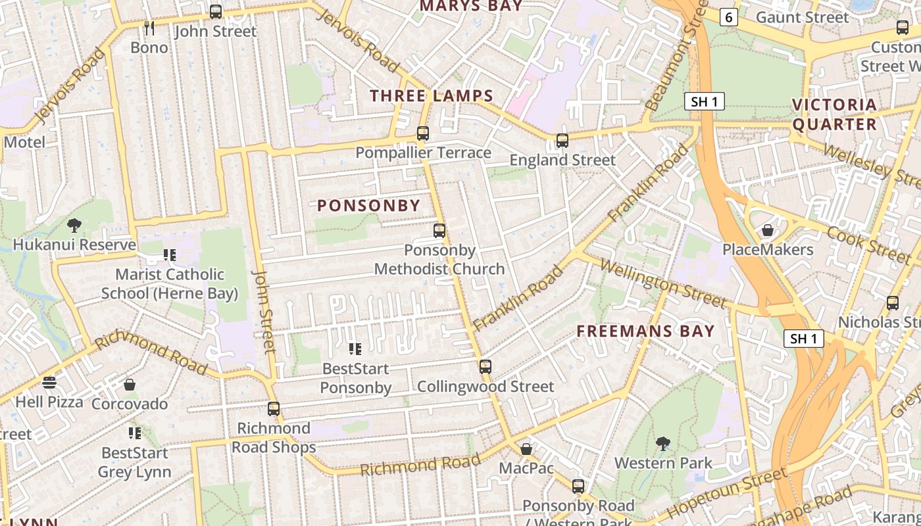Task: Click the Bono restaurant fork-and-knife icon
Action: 149,28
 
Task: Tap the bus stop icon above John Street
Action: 216,11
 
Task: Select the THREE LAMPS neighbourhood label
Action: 432,95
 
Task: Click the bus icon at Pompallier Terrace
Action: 423,133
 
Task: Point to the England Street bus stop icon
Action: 562,141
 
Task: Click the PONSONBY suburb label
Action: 368,205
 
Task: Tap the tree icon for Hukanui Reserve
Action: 74,226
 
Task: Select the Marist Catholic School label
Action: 170,283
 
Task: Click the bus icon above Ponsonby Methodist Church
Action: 439,231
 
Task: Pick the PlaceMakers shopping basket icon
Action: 767,230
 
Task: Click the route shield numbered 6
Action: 728,17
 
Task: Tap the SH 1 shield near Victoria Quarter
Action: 705,101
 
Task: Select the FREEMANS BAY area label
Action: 645,331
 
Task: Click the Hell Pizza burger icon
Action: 49,383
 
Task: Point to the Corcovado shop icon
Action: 130,385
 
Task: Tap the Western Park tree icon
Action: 662,444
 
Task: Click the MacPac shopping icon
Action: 526,449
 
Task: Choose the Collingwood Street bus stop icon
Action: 485,367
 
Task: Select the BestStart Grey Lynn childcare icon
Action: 135,433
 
